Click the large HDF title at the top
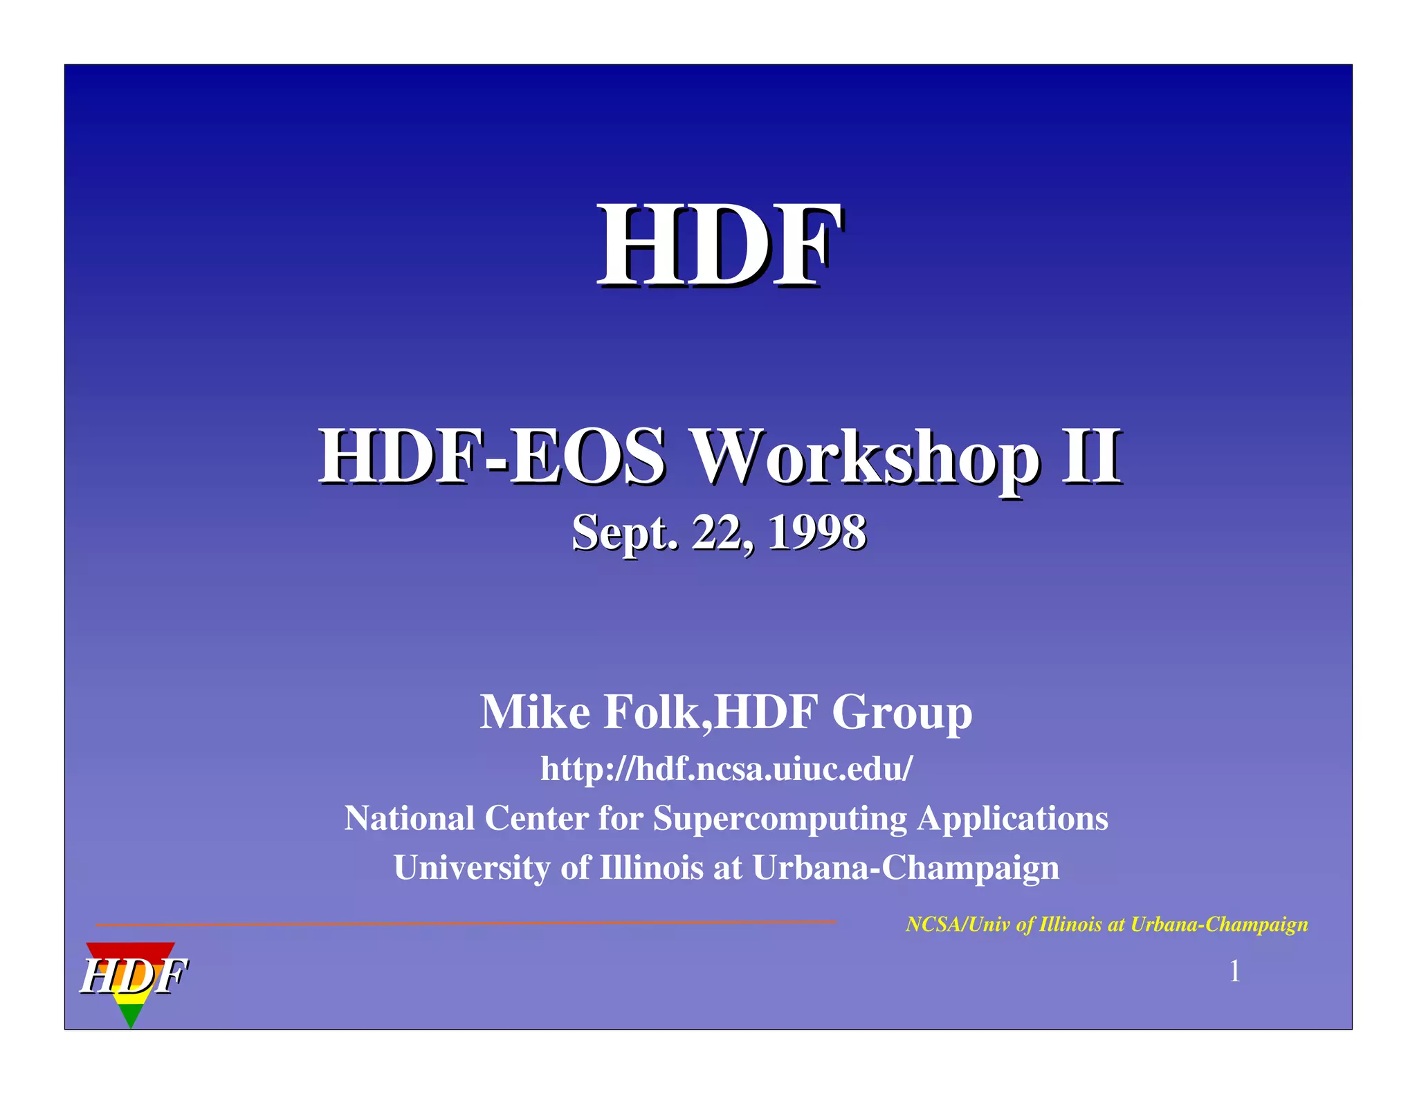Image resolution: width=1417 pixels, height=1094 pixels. [x=720, y=246]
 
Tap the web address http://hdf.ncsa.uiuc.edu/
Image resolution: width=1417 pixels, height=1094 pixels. [x=726, y=768]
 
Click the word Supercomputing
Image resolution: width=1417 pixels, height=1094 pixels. [x=780, y=819]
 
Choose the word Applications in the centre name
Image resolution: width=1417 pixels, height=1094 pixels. [x=1012, y=819]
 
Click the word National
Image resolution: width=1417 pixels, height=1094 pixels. [x=410, y=818]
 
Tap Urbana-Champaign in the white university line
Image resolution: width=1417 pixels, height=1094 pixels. [x=906, y=868]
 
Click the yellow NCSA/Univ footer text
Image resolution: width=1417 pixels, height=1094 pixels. [x=1106, y=925]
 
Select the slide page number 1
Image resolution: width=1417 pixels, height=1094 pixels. [x=1234, y=972]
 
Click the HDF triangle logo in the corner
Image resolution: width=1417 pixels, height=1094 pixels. [x=131, y=979]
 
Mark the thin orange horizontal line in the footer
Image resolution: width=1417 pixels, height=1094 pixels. [x=466, y=923]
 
